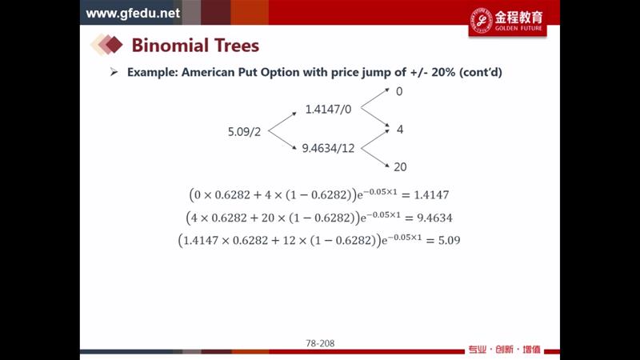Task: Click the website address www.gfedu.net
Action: pyautogui.click(x=133, y=13)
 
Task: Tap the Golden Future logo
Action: pyautogui.click(x=507, y=22)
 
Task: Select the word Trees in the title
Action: pyautogui.click(x=237, y=45)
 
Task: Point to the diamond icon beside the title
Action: pyautogui.click(x=106, y=45)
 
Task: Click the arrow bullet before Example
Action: pyautogui.click(x=114, y=72)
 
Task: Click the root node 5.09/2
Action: pyautogui.click(x=244, y=132)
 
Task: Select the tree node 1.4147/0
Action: pyautogui.click(x=328, y=110)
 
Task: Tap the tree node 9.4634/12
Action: pyautogui.click(x=328, y=148)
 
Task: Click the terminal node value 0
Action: pyautogui.click(x=399, y=91)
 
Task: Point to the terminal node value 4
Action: pyautogui.click(x=400, y=130)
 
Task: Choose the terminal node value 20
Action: pyautogui.click(x=400, y=167)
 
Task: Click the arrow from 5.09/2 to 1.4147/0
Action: pyautogui.click(x=282, y=122)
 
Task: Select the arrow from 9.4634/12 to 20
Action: pyautogui.click(x=375, y=158)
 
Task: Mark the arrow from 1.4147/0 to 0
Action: pyautogui.click(x=375, y=98)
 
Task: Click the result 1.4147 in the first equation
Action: pyautogui.click(x=431, y=195)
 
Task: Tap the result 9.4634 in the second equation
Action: pyautogui.click(x=434, y=218)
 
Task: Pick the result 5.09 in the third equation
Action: pyautogui.click(x=450, y=240)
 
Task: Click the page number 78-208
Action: pyautogui.click(x=320, y=343)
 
